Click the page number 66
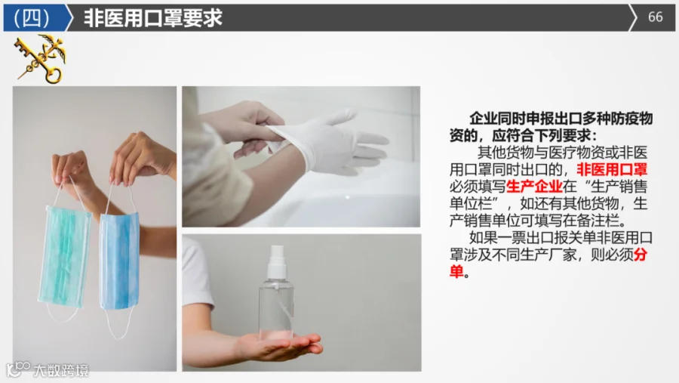[x=655, y=17]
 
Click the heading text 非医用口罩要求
[x=153, y=18]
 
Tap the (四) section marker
[x=32, y=18]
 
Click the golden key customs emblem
[x=41, y=59]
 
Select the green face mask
[x=65, y=256]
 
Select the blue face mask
[x=119, y=261]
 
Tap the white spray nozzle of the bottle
[x=277, y=261]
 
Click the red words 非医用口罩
[x=611, y=170]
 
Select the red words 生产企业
[x=534, y=187]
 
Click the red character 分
[x=640, y=255]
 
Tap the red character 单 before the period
[x=456, y=271]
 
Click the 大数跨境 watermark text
[x=61, y=370]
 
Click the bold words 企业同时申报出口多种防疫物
[x=561, y=119]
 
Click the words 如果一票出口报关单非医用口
[x=561, y=238]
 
